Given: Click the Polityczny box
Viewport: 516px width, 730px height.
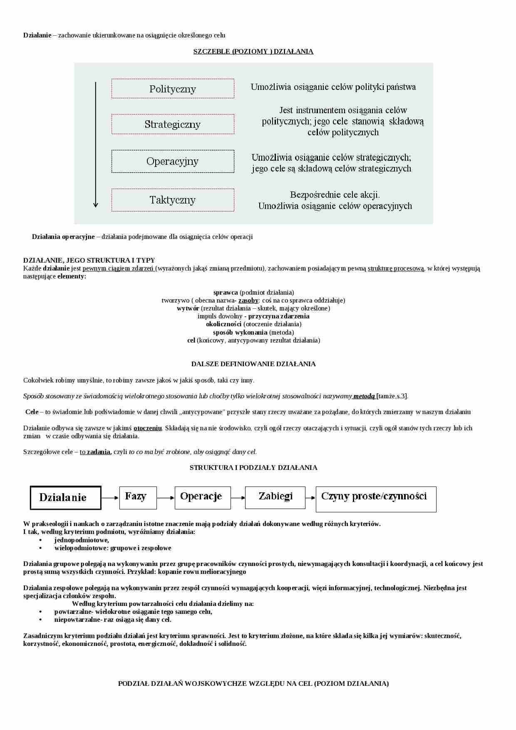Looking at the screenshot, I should pos(173,89).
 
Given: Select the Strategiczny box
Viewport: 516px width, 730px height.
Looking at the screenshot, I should pos(173,124).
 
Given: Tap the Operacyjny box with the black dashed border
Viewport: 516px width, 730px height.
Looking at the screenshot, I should pos(173,161).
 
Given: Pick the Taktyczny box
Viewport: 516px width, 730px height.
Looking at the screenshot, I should pos(173,200).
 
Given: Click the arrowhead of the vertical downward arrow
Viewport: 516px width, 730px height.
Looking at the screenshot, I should pos(96,204).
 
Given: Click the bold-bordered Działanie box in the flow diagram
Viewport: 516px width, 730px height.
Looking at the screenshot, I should pos(66,497).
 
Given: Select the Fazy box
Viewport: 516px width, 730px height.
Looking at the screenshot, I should pos(138,497).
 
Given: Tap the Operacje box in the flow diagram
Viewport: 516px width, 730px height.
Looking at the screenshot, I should pos(203,497).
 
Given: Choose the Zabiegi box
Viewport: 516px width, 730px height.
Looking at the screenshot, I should pos(275,497).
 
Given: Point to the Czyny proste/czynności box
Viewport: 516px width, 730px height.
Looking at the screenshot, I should pos(376,499).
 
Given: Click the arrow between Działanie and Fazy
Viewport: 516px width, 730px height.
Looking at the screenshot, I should pos(110,497).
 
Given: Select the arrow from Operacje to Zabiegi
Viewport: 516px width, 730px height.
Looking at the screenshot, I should pos(238,497).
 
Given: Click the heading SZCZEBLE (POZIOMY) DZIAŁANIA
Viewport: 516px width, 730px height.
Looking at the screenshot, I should pos(253,52).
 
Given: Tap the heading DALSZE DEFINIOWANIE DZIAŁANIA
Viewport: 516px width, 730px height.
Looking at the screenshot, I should pos(253,364).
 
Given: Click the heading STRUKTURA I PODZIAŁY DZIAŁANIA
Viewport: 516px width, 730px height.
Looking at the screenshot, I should pos(253,467).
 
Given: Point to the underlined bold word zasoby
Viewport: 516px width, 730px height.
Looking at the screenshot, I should pos(248,300).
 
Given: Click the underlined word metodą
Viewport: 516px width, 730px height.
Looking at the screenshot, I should pos(364,396).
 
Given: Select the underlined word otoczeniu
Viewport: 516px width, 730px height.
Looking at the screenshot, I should pos(147,428).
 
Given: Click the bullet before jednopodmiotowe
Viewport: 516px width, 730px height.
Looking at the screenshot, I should pos(41,540).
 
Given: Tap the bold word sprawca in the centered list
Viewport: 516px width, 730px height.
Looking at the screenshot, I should pos(226,292).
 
